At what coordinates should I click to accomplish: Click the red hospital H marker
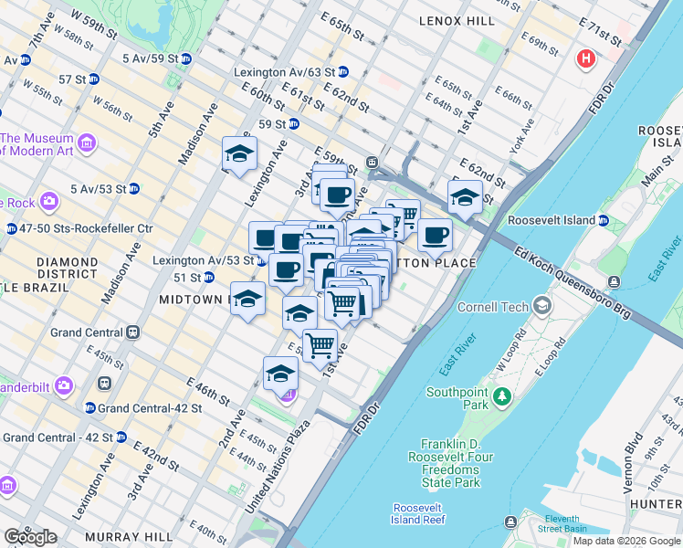[x=585, y=60]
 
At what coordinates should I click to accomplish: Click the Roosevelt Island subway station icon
[x=603, y=220]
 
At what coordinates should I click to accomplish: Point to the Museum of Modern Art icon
[x=88, y=142]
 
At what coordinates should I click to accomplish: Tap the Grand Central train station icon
[x=133, y=332]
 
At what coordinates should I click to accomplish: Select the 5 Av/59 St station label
[x=150, y=58]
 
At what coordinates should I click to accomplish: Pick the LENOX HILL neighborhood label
[x=457, y=20]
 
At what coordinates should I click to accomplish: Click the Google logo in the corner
[x=30, y=537]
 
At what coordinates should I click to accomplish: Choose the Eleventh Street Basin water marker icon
[x=510, y=522]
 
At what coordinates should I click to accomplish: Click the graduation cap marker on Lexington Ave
[x=239, y=154]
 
